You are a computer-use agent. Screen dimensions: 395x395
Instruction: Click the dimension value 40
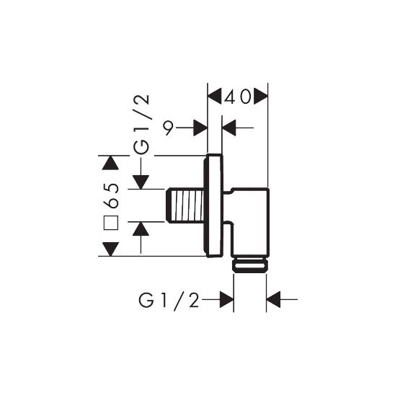pos(238,97)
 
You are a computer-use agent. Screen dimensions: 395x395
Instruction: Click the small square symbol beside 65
pos(111,223)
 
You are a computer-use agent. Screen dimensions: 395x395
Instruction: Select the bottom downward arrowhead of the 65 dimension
pos(109,249)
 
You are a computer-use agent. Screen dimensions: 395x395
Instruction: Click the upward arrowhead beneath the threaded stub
pos(141,229)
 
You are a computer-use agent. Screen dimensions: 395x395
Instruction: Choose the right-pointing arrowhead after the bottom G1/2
pos(228,298)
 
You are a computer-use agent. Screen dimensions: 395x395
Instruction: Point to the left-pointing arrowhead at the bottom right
pos(274,298)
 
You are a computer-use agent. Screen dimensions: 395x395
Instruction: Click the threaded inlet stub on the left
pos(187,205)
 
